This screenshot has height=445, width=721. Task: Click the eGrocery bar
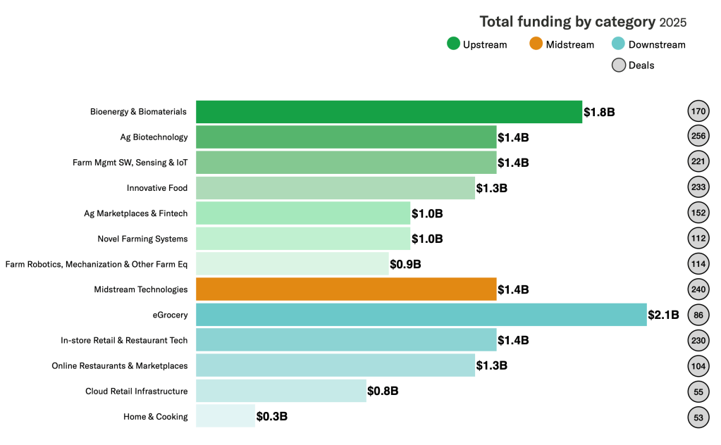coord(421,315)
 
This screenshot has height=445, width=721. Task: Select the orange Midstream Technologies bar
coord(346,289)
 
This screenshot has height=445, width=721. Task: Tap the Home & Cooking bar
coord(226,416)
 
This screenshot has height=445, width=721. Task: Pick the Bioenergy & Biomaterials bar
coord(389,112)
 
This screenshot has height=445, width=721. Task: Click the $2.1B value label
coord(664,315)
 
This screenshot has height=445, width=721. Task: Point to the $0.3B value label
coord(272,416)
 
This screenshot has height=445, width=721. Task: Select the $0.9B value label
coord(405,264)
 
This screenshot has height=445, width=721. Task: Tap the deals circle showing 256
coord(698,137)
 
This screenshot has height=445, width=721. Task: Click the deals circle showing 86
coord(698,315)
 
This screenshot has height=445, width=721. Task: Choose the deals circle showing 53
coord(698,417)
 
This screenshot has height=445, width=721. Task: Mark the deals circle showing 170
coord(698,112)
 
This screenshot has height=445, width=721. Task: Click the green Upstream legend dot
coord(454,44)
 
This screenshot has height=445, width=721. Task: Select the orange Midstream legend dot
coord(536,44)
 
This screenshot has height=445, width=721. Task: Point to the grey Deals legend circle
coord(619,65)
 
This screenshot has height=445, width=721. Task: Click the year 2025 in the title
coord(672,23)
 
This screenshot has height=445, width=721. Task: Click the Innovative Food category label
coord(157,188)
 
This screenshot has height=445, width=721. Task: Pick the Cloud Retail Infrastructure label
coord(137,391)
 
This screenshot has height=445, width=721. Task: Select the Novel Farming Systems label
coord(142,239)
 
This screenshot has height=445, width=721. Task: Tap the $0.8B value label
coord(383,391)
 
